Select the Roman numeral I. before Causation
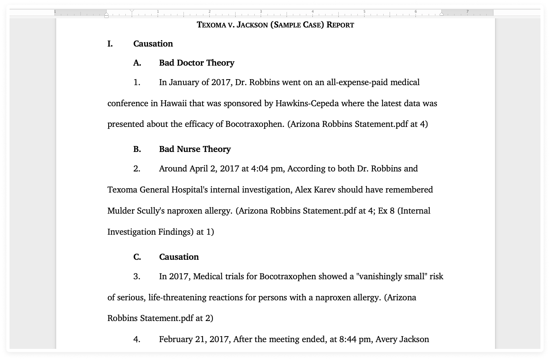pyautogui.click(x=110, y=44)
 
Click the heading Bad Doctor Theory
pyautogui.click(x=197, y=63)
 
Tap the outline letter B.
pyautogui.click(x=137, y=149)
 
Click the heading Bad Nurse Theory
pyautogui.click(x=195, y=149)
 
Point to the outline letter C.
pyautogui.click(x=137, y=257)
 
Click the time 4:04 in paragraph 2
pyautogui.click(x=259, y=169)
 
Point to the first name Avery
pyautogui.click(x=386, y=339)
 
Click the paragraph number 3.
pyautogui.click(x=137, y=276)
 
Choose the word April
pyautogui.click(x=199, y=169)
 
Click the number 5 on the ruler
pyautogui.click(x=364, y=12)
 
